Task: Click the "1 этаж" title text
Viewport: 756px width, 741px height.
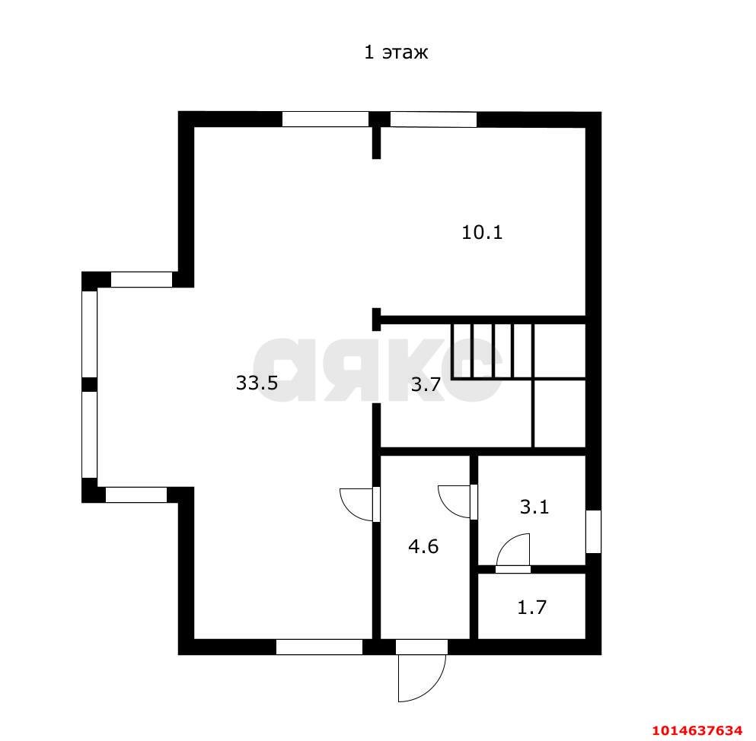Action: [x=396, y=52]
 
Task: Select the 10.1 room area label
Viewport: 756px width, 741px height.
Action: [x=482, y=233]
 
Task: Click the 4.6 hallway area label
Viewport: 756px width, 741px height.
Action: [x=423, y=547]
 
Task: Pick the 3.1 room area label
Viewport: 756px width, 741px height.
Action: [x=534, y=507]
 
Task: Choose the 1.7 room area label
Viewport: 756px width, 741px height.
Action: [x=532, y=607]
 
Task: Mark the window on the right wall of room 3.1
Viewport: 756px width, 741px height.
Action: [x=594, y=532]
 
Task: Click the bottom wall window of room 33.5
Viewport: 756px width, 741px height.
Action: [x=319, y=647]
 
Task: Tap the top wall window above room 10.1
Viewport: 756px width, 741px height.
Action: [x=433, y=119]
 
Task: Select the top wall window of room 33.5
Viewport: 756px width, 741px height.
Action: [x=325, y=119]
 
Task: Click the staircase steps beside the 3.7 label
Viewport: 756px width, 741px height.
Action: [x=492, y=351]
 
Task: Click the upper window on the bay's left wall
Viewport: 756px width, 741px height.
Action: [x=89, y=334]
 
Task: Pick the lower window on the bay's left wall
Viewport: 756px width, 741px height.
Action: [x=89, y=434]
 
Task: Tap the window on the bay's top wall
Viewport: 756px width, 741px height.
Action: [x=142, y=279]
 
